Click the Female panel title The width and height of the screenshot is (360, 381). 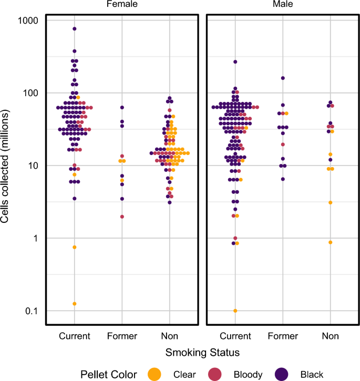tap(122, 5)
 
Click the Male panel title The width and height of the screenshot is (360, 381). tap(282, 5)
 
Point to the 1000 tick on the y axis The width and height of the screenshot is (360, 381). tap(31, 20)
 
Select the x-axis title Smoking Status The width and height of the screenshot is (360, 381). tap(202, 352)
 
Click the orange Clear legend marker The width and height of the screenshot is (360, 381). tap(155, 374)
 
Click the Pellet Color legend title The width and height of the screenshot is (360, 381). tap(109, 374)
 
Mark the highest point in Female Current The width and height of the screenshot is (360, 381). tap(75, 29)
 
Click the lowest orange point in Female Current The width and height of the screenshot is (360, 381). tap(75, 304)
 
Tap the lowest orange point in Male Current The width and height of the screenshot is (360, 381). tap(235, 311)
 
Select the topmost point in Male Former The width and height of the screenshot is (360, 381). tap(283, 78)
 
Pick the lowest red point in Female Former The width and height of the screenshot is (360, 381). tap(122, 217)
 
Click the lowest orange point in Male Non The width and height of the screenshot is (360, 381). tap(330, 242)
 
